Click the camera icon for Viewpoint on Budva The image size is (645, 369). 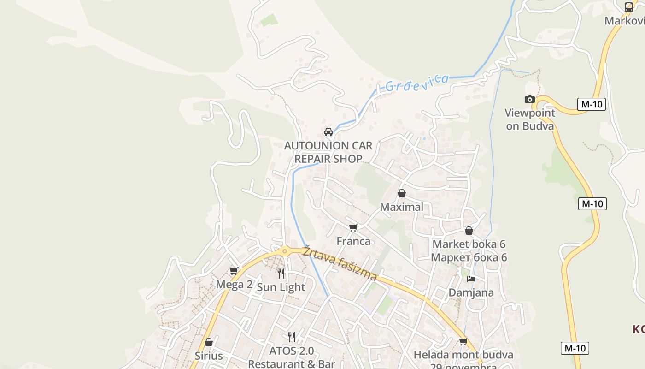[530, 99]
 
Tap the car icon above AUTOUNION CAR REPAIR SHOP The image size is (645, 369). [328, 132]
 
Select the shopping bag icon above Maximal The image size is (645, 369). [402, 193]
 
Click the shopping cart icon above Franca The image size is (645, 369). [353, 227]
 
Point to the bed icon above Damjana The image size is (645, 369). [471, 279]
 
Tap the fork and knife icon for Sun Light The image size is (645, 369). [281, 274]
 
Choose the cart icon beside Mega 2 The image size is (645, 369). [234, 271]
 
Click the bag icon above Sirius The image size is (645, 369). [209, 342]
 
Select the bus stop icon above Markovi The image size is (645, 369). [629, 7]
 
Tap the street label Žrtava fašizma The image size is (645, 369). [340, 264]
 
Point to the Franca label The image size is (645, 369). [353, 241]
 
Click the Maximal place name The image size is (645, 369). [401, 207]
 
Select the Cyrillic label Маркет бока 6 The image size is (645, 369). [469, 257]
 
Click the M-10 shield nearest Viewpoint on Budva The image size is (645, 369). [592, 104]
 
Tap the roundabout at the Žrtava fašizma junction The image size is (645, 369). [285, 251]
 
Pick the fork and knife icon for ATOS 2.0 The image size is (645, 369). [292, 337]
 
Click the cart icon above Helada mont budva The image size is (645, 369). [463, 341]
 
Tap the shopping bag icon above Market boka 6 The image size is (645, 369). [469, 231]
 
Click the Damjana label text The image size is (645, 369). [471, 292]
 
